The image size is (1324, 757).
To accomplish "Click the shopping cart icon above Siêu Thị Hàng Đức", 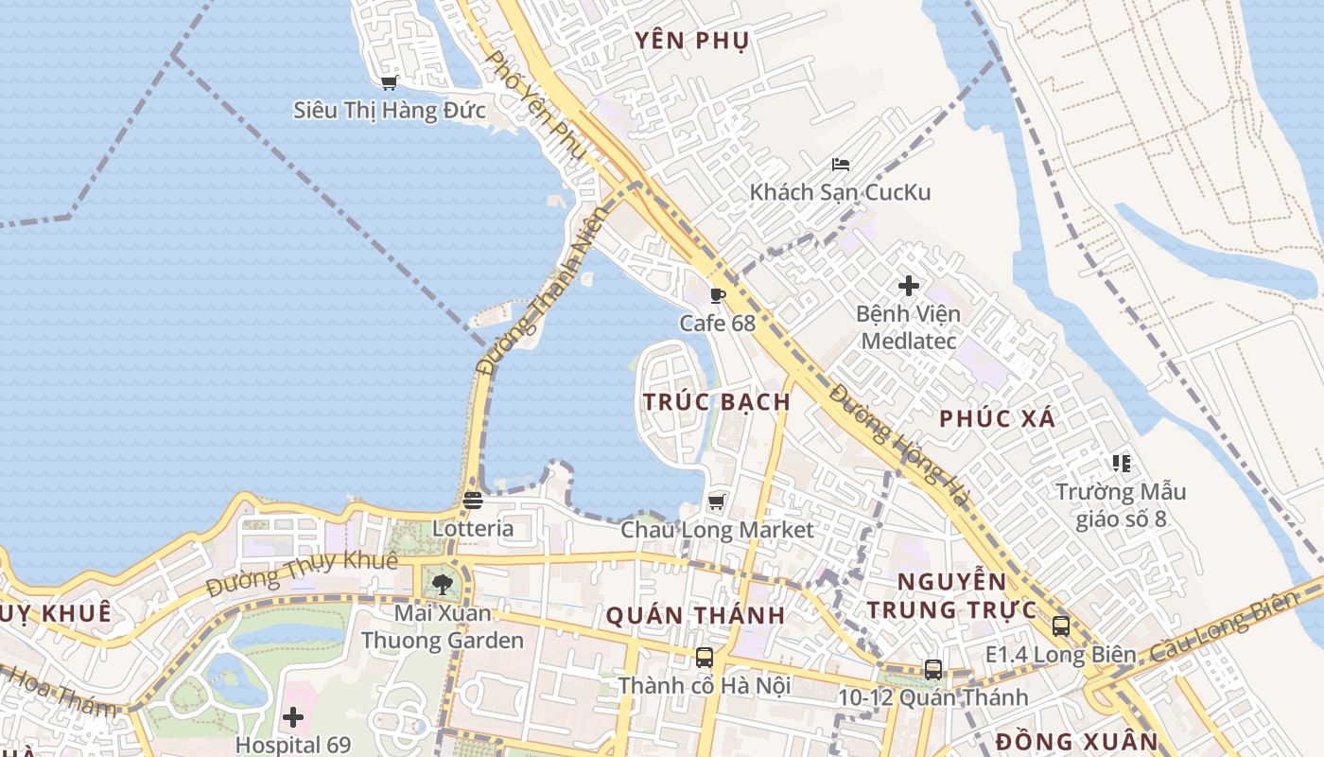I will click(x=389, y=82).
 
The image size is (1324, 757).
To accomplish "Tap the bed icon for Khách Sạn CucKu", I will click(x=840, y=164).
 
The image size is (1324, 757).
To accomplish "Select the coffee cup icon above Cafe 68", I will click(x=718, y=295).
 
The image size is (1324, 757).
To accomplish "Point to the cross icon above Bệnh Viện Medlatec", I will click(x=908, y=285).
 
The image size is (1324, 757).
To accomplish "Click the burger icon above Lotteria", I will click(x=473, y=500).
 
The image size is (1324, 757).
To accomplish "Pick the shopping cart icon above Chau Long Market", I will click(x=717, y=501).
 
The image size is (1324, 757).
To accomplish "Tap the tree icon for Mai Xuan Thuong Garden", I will click(x=442, y=584).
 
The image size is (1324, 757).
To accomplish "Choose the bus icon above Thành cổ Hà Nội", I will click(x=705, y=657).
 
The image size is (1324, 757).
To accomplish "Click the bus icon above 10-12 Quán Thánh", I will click(x=933, y=670).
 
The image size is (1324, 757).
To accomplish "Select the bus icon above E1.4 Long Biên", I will click(x=1061, y=625).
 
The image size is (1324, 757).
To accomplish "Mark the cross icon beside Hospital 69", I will click(x=293, y=716).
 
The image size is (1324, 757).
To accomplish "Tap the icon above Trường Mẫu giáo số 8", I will click(x=1121, y=464).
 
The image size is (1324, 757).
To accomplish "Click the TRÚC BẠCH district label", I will click(x=717, y=401).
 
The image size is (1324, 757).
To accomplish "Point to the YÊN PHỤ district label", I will click(x=692, y=40).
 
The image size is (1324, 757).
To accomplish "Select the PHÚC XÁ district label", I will click(x=997, y=418).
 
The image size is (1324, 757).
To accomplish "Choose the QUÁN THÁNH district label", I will click(x=695, y=616).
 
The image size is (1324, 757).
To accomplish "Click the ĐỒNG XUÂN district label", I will click(x=1076, y=741).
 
